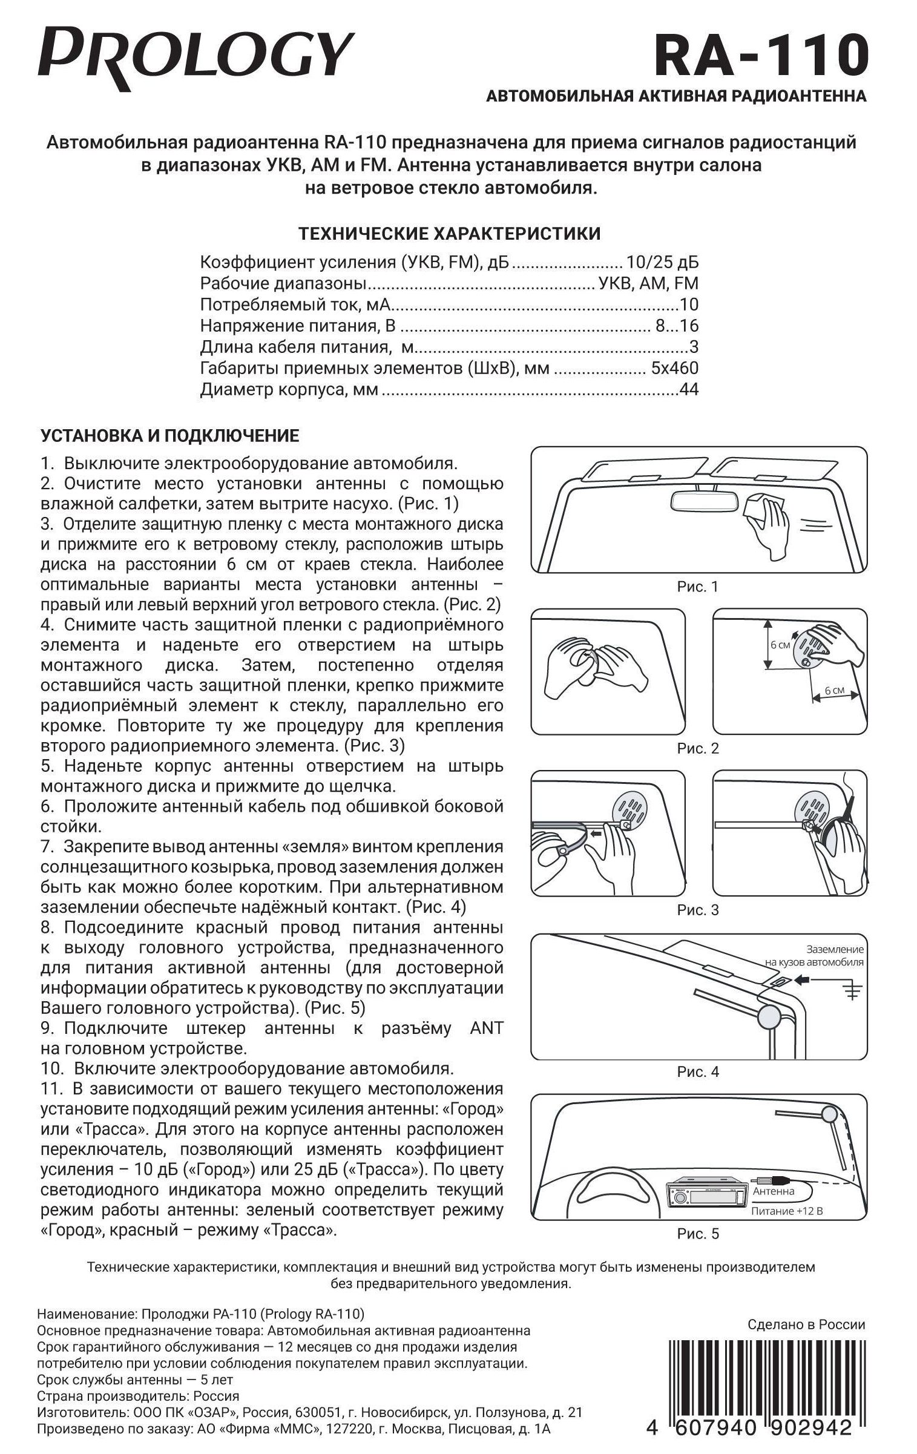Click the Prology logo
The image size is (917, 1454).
(195, 59)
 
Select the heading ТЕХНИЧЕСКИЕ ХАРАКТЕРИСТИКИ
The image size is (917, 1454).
(450, 234)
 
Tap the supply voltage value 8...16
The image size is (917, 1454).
(677, 326)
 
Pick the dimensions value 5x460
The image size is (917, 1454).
(674, 369)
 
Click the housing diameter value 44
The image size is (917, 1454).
(689, 390)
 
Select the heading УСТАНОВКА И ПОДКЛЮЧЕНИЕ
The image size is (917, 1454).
(169, 436)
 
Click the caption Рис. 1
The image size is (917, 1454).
(698, 587)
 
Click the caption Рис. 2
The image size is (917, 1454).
(698, 749)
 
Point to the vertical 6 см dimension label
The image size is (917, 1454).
(780, 645)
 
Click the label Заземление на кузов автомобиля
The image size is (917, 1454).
(814, 956)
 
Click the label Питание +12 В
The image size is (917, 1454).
(787, 1211)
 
